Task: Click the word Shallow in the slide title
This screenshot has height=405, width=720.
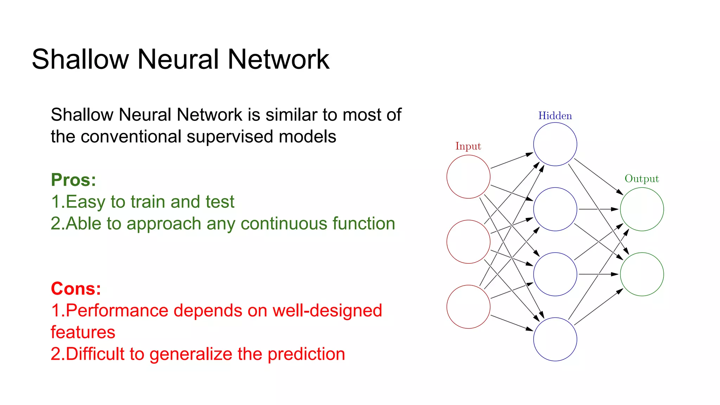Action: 80,59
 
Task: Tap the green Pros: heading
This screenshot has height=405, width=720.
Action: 73,180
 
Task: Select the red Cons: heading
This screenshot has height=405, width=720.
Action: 76,289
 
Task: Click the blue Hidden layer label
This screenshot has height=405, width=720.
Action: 555,116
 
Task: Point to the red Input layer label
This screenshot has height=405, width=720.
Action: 468,146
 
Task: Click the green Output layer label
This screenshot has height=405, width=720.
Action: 642,179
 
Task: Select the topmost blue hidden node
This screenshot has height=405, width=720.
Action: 555,144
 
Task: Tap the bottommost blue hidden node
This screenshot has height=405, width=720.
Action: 555,339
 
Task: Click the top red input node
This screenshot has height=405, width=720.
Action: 468,177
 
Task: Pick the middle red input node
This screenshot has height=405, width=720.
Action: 468,242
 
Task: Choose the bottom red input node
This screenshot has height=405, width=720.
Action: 468,307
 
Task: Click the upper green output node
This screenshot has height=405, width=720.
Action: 642,209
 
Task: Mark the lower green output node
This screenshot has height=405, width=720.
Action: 642,274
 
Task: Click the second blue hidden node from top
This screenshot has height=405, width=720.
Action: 555,209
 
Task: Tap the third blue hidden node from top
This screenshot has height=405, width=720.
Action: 555,274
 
